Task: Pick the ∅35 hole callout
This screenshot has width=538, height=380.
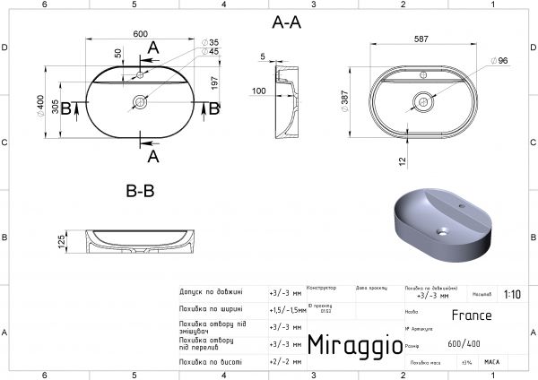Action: point(213,42)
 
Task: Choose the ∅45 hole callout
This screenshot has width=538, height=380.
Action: point(213,52)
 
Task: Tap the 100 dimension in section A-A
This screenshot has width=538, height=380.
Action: point(258,91)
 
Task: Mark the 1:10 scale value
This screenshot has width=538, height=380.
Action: point(512,293)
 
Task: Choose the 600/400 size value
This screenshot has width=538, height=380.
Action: point(464,345)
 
